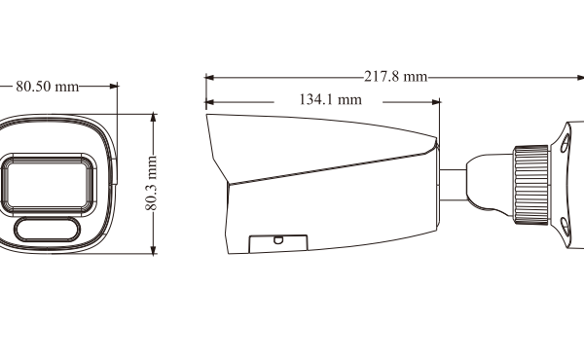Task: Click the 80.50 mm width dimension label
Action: [48, 87]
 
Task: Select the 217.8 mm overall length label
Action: [395, 76]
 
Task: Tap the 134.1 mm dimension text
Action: [330, 99]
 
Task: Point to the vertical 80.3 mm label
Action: [151, 183]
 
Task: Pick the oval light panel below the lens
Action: [48, 230]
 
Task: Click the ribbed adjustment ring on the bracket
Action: [531, 185]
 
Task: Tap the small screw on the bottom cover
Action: [278, 239]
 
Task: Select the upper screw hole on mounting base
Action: [565, 144]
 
